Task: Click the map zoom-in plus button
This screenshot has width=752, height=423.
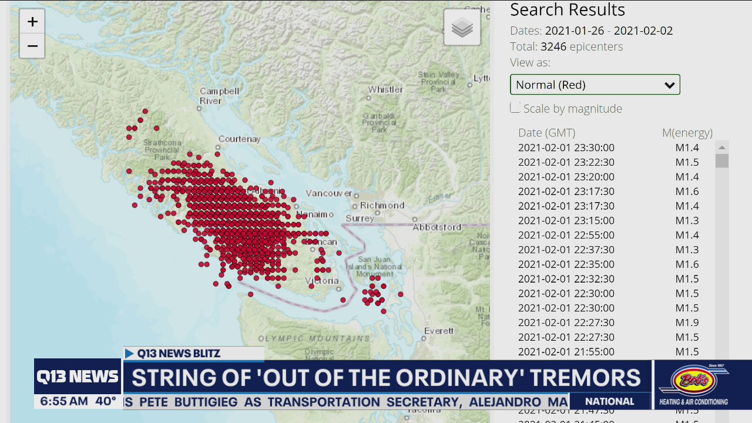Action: [32, 22]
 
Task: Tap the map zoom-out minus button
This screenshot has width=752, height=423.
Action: [32, 46]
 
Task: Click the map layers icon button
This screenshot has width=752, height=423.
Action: [462, 28]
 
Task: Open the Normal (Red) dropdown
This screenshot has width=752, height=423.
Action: [595, 85]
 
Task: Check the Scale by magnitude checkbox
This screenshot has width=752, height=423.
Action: [515, 108]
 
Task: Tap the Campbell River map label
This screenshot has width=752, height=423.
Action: [219, 96]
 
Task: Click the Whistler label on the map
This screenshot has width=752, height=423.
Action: [385, 90]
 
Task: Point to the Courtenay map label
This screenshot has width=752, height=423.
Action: [239, 139]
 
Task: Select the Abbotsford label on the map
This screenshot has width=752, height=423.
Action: [437, 227]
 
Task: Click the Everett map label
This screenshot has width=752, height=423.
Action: [439, 331]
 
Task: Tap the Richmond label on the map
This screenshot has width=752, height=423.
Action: [382, 205]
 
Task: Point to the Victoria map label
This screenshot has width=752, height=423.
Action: [322, 281]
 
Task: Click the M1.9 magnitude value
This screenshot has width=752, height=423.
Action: [687, 323]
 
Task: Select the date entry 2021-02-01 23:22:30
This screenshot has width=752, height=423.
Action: [566, 162]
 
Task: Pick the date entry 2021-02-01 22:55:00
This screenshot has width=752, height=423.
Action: [566, 235]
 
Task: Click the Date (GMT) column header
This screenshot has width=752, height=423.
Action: [546, 133]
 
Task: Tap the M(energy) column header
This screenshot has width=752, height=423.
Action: [687, 133]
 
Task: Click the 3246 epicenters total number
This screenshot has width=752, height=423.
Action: [553, 46]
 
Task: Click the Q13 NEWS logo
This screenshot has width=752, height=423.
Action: [78, 377]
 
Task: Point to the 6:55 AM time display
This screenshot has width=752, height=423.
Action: [64, 402]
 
